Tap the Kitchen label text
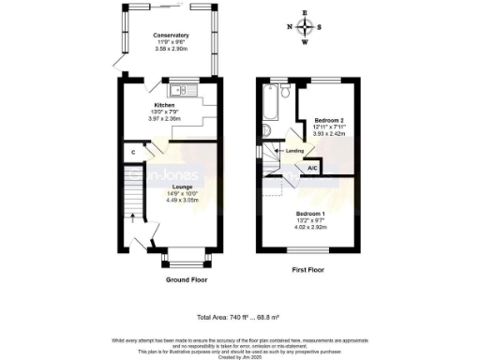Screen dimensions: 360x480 [x=151, y=105]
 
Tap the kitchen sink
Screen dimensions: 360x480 [x=179, y=91]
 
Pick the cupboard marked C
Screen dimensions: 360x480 [x=133, y=152]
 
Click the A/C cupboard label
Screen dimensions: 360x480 [x=311, y=168]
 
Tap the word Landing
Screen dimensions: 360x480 [x=293, y=150]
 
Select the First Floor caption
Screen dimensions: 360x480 [x=307, y=272]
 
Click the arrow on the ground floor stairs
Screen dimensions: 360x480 [x=132, y=220]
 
